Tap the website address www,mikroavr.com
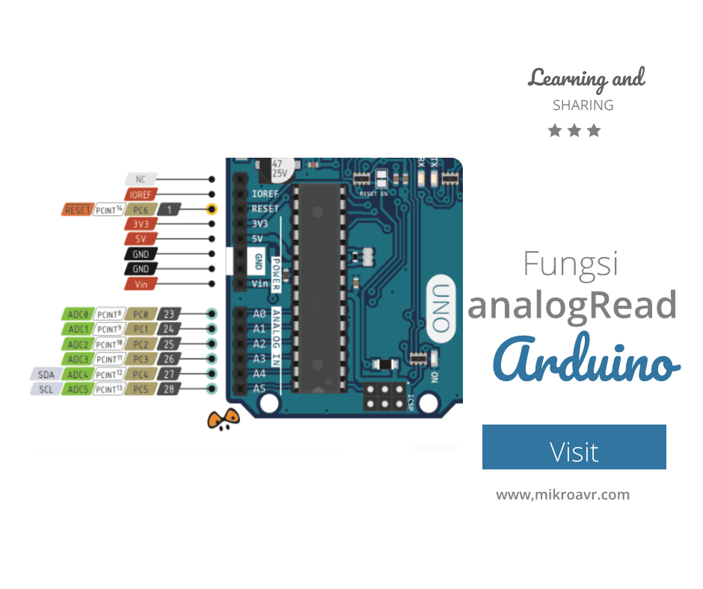(562, 495)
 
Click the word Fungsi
(571, 264)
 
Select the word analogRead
(572, 305)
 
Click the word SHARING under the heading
(583, 105)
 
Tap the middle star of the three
(574, 131)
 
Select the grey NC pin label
(141, 179)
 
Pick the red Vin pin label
(141, 284)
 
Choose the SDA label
(46, 374)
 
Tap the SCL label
(46, 389)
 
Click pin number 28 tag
(169, 389)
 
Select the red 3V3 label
(141, 224)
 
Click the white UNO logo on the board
(443, 307)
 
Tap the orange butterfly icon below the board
(223, 422)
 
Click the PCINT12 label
(109, 374)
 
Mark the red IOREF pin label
(141, 194)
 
